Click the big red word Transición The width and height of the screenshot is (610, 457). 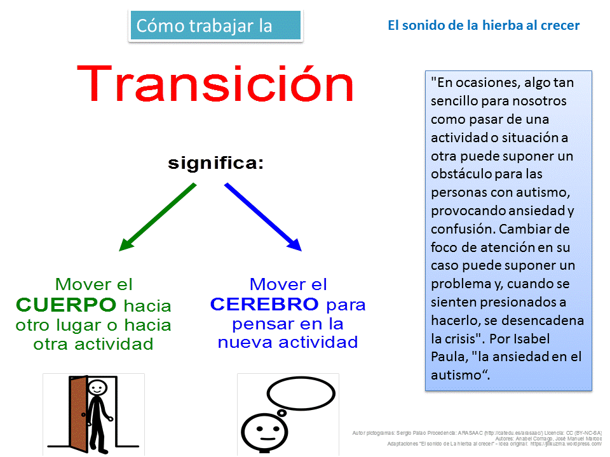215,84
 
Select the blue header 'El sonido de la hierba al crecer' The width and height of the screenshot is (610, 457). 483,26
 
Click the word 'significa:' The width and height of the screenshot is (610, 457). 215,163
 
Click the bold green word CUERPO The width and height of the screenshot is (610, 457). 66,305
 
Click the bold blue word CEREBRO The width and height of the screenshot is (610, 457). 264,305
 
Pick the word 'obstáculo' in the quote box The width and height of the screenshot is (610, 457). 460,174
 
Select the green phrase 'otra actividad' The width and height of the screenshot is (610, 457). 93,344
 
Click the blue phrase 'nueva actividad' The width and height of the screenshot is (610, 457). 287,343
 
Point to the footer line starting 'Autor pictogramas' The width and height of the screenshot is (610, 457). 477,433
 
